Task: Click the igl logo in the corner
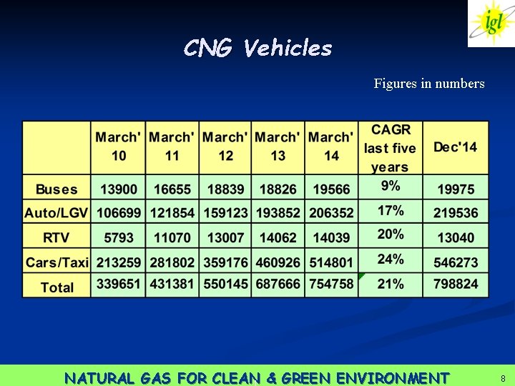coord(491,23)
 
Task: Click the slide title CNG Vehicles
coord(257,49)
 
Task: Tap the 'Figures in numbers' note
coord(429,84)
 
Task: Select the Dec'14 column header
coord(455,147)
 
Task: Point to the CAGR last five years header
coord(390,148)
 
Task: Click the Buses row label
coord(57,189)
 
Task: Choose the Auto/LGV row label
coord(57,213)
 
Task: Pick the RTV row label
coord(57,237)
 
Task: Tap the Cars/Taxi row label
coord(57,262)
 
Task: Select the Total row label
coord(57,287)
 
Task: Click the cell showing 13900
coord(119,189)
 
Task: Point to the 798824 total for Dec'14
coord(456,284)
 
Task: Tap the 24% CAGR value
coord(391,259)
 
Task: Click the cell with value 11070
coord(172,237)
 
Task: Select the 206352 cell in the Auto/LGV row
coord(331,213)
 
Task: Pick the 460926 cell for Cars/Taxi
coord(278,262)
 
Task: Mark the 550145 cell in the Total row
coord(225,284)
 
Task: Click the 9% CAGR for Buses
coord(391,186)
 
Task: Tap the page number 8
coord(503,378)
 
